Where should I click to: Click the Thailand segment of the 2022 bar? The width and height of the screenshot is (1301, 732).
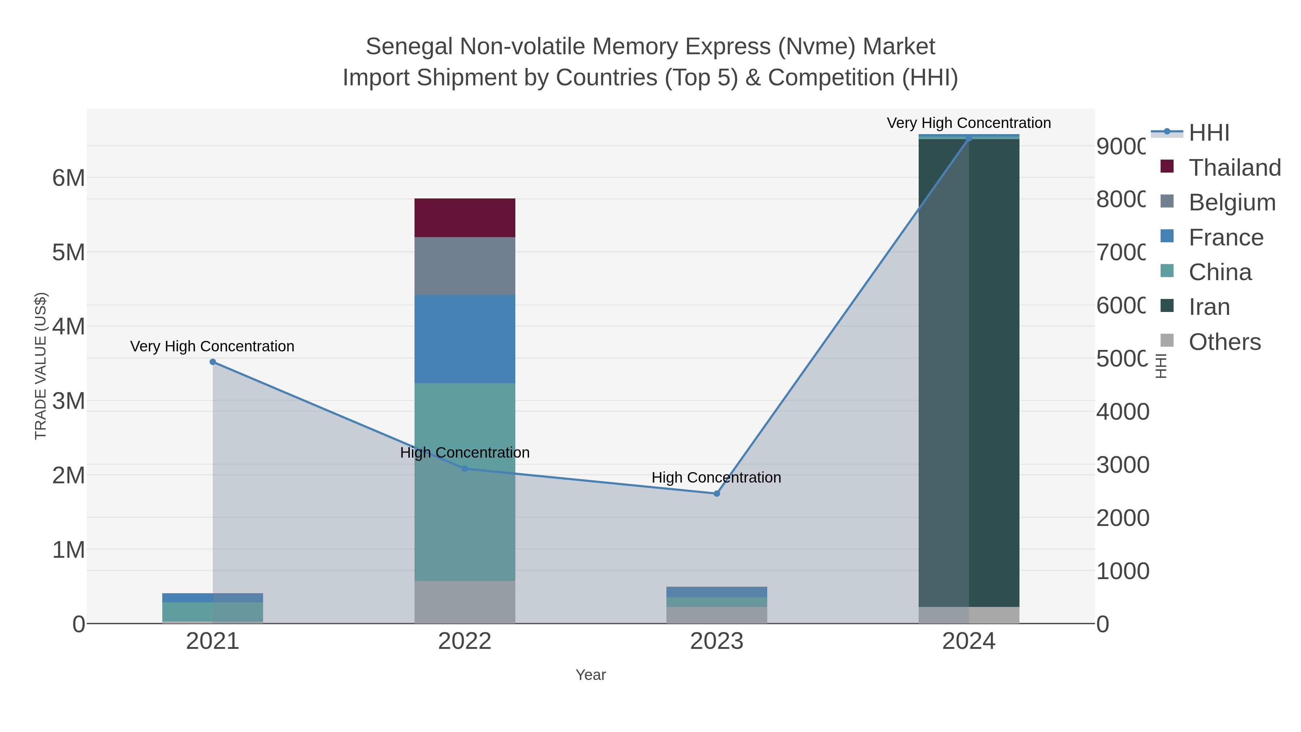click(x=465, y=218)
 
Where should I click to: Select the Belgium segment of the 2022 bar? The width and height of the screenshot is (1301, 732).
click(x=465, y=266)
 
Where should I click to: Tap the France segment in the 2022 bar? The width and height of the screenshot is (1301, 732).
click(x=465, y=339)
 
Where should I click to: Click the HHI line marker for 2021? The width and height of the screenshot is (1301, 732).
click(x=212, y=362)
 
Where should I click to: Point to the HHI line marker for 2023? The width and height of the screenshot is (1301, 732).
click(x=717, y=493)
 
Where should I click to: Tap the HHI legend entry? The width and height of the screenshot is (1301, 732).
click(x=1208, y=133)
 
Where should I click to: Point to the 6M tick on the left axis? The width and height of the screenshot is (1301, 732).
click(x=69, y=178)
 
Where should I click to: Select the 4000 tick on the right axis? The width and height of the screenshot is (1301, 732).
click(x=1122, y=412)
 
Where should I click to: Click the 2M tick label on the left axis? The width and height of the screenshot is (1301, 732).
click(x=69, y=475)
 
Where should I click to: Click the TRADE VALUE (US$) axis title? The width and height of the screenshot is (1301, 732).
click(x=40, y=366)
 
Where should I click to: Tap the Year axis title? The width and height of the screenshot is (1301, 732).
click(x=591, y=675)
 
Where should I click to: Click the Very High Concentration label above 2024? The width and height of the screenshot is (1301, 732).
click(x=968, y=123)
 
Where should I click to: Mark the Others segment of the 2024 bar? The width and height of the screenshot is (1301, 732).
click(x=969, y=615)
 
